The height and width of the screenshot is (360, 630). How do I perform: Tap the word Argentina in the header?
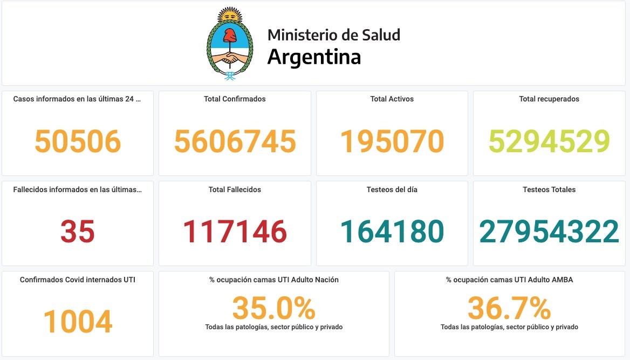pyautogui.click(x=314, y=57)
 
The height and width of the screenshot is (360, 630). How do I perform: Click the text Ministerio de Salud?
pyautogui.click(x=334, y=35)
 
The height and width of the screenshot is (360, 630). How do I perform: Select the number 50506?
pyautogui.click(x=78, y=141)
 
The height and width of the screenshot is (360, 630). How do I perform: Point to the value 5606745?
pyautogui.click(x=235, y=141)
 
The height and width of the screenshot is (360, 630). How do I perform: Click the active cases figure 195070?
pyautogui.click(x=392, y=141)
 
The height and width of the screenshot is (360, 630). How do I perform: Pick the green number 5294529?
pyautogui.click(x=549, y=141)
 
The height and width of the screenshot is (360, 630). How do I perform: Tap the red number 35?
pyautogui.click(x=78, y=232)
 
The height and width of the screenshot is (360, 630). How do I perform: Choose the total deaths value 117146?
pyautogui.click(x=235, y=232)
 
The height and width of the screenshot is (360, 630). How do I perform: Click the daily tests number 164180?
pyautogui.click(x=392, y=232)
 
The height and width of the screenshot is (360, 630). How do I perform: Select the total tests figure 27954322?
pyautogui.click(x=549, y=232)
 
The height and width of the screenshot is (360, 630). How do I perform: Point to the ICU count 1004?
pyautogui.click(x=78, y=322)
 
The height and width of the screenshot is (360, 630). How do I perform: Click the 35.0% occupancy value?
pyautogui.click(x=273, y=309)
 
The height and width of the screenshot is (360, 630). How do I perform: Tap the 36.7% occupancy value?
pyautogui.click(x=509, y=309)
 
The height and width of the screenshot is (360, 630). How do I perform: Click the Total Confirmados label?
pyautogui.click(x=235, y=99)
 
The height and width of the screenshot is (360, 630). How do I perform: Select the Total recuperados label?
pyautogui.click(x=549, y=99)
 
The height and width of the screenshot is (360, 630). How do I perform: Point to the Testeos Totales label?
pyautogui.click(x=549, y=189)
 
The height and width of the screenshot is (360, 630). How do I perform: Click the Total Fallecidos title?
pyautogui.click(x=235, y=189)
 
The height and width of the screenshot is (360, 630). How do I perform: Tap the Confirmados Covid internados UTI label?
pyautogui.click(x=78, y=280)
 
